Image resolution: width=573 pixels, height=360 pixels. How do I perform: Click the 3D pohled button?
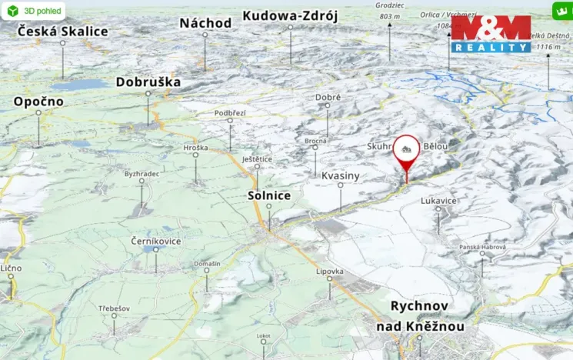coord(32,11)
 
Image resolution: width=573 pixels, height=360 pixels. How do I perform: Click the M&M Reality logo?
coord(491,34)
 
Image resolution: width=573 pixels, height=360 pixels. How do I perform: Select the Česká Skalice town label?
coord(62,32)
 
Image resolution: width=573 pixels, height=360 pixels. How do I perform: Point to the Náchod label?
coord(205,23)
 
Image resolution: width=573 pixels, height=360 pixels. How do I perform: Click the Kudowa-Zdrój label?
coord(290,15)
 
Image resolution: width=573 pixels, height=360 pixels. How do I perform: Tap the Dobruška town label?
coord(148,82)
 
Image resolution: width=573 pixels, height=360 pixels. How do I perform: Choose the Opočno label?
coord(38,102)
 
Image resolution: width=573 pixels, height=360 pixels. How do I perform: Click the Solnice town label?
coord(269,195)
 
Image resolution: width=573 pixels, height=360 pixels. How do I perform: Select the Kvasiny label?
coord(340,176)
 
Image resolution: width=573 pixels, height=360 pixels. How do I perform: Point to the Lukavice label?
coord(438,200)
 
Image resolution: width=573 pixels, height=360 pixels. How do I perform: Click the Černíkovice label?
coord(156,241)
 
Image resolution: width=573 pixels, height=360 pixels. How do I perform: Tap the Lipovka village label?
coord(329,271)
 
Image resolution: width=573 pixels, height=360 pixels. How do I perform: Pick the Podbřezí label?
coord(230,113)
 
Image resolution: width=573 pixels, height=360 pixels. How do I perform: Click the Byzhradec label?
coord(142,174)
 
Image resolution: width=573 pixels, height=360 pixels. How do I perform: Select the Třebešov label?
coord(114,308)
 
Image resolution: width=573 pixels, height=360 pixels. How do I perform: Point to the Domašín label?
coord(207,264)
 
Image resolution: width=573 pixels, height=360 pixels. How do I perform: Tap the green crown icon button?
coord(561,11)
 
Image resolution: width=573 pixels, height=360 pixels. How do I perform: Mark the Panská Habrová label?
coord(482,247)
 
